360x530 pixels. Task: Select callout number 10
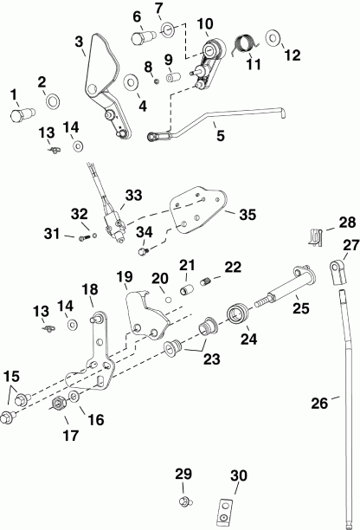pyautogui.click(x=205, y=23)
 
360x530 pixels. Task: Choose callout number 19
pyautogui.click(x=124, y=278)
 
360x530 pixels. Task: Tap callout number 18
pyautogui.click(x=90, y=289)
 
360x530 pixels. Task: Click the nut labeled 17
pyautogui.click(x=61, y=406)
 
